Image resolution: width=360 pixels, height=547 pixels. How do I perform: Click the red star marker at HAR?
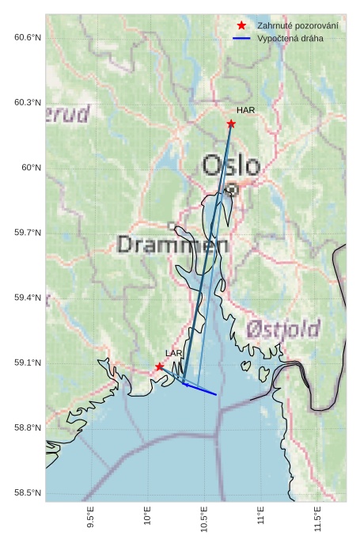click(231, 123)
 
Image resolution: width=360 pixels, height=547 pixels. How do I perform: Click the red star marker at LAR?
click(160, 367)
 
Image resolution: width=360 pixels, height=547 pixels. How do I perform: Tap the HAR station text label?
click(245, 111)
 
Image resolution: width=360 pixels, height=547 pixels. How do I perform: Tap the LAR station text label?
click(173, 353)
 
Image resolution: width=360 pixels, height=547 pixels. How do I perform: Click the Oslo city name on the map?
click(231, 165)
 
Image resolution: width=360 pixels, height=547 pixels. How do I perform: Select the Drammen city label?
click(172, 245)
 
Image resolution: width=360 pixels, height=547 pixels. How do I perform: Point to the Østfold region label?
click(282, 329)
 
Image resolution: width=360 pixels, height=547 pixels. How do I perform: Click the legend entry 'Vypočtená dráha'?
click(290, 38)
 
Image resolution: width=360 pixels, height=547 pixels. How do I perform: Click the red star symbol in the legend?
click(242, 26)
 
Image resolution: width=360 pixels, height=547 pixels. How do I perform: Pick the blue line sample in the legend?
click(242, 38)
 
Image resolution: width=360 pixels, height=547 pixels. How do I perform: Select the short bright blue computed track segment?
click(199, 389)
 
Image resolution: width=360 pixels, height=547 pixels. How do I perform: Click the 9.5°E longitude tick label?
click(91, 519)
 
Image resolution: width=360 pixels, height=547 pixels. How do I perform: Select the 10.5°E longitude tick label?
click(204, 520)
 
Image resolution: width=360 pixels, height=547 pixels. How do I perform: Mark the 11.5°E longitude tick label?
click(317, 520)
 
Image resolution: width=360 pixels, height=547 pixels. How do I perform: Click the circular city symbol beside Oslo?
click(232, 190)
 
